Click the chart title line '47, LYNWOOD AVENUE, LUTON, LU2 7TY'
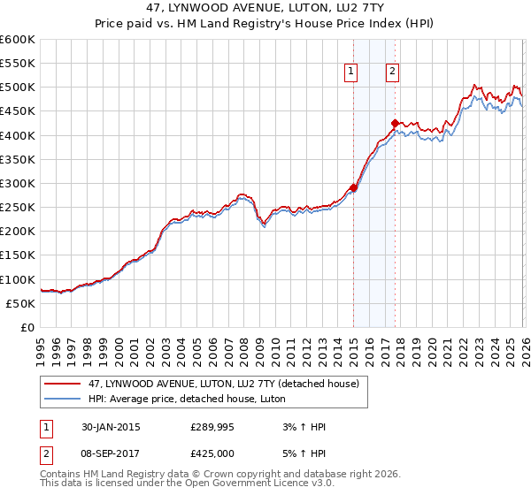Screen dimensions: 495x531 pyautogui.click(x=265, y=8)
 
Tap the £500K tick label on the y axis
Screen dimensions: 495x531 pyautogui.click(x=18, y=88)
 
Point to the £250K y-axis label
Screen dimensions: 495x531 pyautogui.click(x=18, y=208)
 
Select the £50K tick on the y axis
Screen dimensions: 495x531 pyautogui.click(x=20, y=303)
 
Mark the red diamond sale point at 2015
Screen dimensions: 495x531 pyautogui.click(x=353, y=187)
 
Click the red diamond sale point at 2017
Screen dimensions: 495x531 pyautogui.click(x=395, y=123)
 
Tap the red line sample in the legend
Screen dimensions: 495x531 pyautogui.click(x=63, y=384)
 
